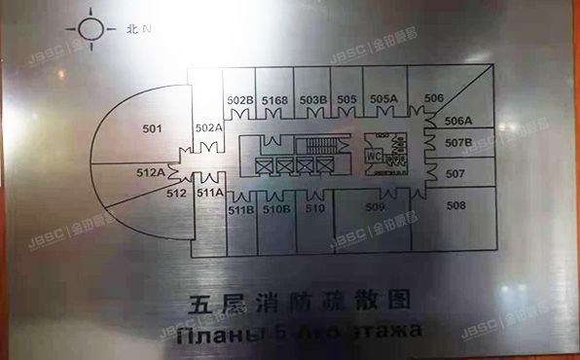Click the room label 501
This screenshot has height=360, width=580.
coord(151,126)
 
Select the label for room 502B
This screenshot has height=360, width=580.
coord(240,99)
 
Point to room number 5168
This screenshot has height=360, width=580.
coord(274,99)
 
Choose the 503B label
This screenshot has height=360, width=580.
coord(311,99)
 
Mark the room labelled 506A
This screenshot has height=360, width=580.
coord(458,121)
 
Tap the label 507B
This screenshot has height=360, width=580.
coord(458,144)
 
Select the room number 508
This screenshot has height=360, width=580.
coord(456,205)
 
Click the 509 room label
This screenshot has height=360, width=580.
coord(375,205)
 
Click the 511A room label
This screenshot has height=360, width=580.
coord(209,193)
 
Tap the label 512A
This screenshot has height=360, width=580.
coord(150,172)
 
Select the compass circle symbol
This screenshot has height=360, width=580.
coord(91,28)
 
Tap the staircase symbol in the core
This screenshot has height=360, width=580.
coord(313,147)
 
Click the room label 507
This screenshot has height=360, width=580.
coord(455,174)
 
